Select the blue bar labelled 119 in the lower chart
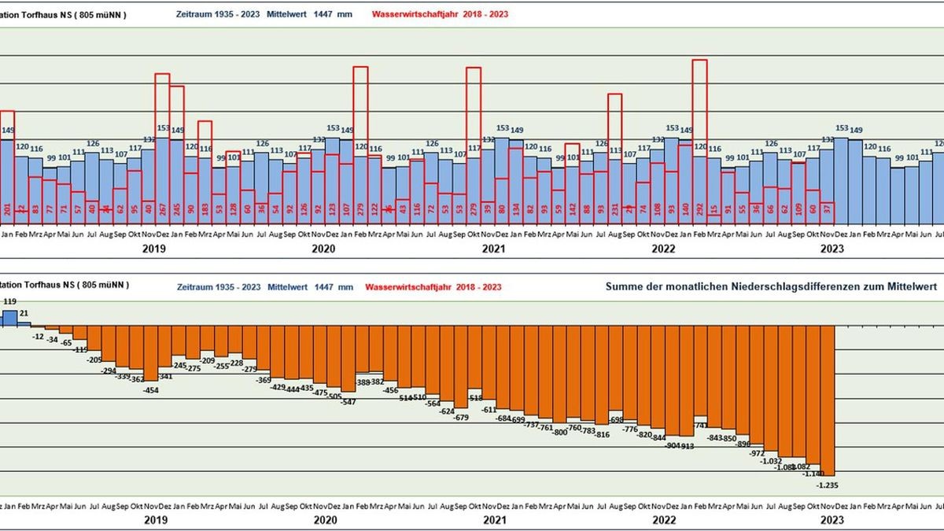click(x=9, y=317)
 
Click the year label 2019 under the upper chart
click(x=154, y=249)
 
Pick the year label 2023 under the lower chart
click(x=832, y=520)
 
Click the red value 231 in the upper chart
click(x=614, y=207)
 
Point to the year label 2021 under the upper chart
click(x=493, y=249)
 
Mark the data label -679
click(x=462, y=417)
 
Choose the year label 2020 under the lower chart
click(x=325, y=520)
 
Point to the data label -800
click(x=560, y=432)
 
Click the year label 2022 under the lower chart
click(x=664, y=520)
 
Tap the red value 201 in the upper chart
click(x=6, y=207)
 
